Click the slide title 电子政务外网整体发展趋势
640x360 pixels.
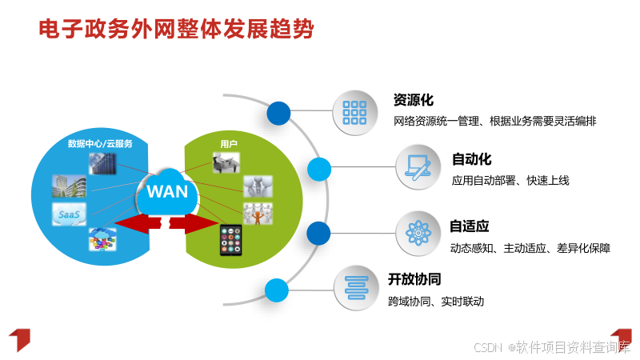click(x=177, y=31)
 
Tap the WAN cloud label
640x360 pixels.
click(x=167, y=192)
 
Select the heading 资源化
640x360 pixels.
click(x=413, y=100)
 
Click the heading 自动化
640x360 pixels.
click(x=471, y=158)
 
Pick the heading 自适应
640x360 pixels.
click(x=469, y=226)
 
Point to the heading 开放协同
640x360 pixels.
click(x=414, y=279)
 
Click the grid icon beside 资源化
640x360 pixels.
click(x=354, y=111)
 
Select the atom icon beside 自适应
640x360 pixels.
click(x=418, y=233)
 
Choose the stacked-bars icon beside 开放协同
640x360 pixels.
click(x=355, y=286)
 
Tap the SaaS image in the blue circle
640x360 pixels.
click(x=68, y=214)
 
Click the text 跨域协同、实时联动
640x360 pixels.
click(x=436, y=302)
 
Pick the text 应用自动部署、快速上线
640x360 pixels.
click(x=510, y=181)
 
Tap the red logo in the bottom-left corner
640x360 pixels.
click(x=19, y=339)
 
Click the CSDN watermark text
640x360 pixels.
click(x=552, y=347)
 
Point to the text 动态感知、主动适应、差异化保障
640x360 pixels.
click(x=530, y=248)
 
